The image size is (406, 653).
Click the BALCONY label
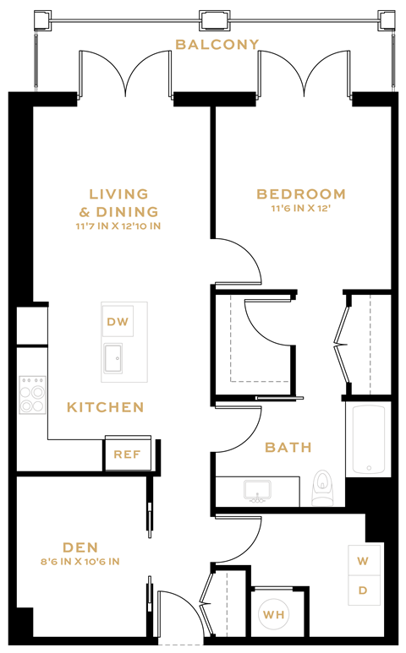(x=217, y=44)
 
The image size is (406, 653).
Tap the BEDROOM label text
(x=301, y=194)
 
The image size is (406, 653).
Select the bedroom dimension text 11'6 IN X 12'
(x=301, y=210)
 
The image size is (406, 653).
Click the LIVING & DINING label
(x=118, y=203)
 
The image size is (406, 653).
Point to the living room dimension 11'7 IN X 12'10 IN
(x=118, y=226)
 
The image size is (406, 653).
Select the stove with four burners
(x=33, y=395)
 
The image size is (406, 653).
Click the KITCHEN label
(x=106, y=407)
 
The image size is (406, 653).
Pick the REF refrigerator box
(x=127, y=454)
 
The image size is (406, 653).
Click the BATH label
(x=288, y=447)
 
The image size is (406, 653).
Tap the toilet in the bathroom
(x=322, y=487)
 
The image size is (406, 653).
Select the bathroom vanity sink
(x=254, y=490)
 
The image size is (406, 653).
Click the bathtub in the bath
(x=368, y=438)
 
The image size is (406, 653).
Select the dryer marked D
(x=363, y=590)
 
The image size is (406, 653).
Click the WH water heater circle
(x=273, y=615)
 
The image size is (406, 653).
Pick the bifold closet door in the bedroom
(x=343, y=344)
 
